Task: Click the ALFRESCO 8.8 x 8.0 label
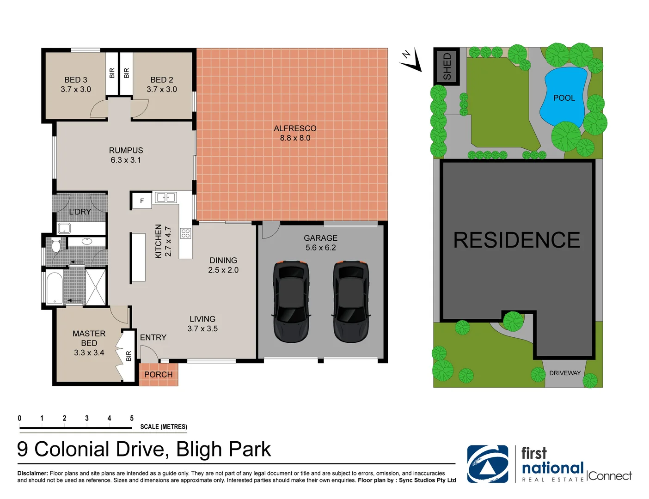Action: click(x=295, y=133)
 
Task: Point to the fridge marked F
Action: click(x=141, y=201)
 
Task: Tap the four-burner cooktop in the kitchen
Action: click(x=185, y=233)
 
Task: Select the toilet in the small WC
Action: click(x=56, y=245)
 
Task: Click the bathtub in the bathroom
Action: click(x=55, y=288)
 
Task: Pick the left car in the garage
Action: click(x=291, y=301)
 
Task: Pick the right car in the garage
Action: click(x=351, y=301)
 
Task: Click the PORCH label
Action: click(x=158, y=375)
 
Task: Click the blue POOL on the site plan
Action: click(x=564, y=97)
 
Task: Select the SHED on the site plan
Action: click(x=447, y=67)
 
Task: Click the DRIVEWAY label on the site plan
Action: click(x=564, y=373)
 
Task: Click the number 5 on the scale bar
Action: click(x=132, y=418)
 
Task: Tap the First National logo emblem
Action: click(x=487, y=464)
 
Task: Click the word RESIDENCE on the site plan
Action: click(x=517, y=240)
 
